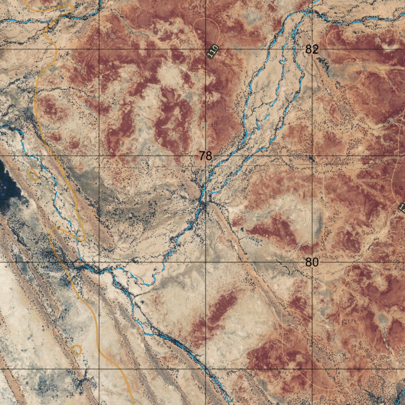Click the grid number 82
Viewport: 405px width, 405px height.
pyautogui.click(x=312, y=49)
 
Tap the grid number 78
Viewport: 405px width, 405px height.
pyautogui.click(x=206, y=156)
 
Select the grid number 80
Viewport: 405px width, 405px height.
pyautogui.click(x=312, y=262)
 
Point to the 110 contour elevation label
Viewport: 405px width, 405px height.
pyautogui.click(x=213, y=52)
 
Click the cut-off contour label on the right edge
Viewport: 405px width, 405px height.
pyautogui.click(x=402, y=208)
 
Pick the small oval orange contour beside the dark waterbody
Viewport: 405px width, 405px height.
pyautogui.click(x=34, y=175)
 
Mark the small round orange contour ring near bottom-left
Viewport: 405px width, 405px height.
pyautogui.click(x=76, y=350)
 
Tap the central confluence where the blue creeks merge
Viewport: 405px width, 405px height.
pyautogui.click(x=203, y=204)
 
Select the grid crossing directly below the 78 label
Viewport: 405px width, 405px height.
pyautogui.click(x=206, y=262)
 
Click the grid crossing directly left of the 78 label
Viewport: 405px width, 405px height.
pyautogui.click(x=99, y=156)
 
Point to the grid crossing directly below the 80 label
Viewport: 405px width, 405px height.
pyautogui.click(x=312, y=369)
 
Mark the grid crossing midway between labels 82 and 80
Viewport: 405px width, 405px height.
pyautogui.click(x=312, y=156)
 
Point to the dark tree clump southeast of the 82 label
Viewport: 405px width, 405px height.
pyautogui.click(x=324, y=62)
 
